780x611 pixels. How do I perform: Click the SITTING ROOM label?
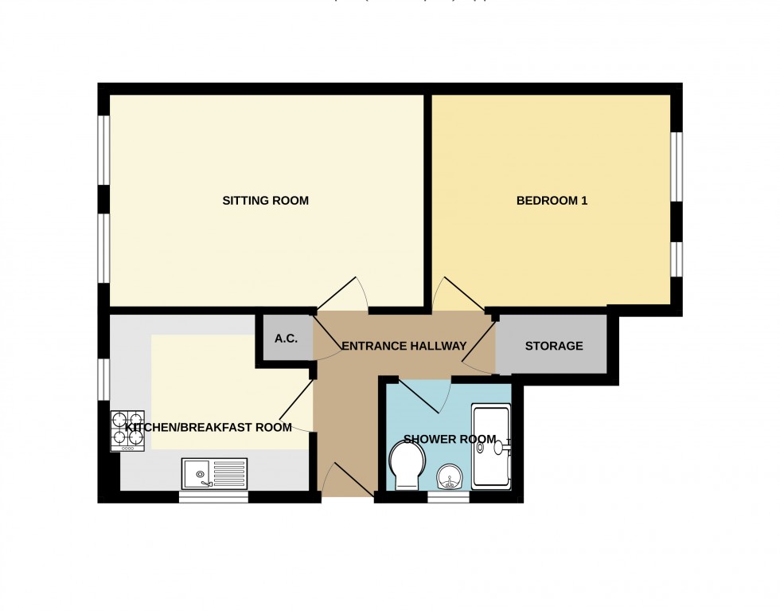[x=265, y=201]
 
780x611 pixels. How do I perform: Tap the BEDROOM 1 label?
[x=552, y=201]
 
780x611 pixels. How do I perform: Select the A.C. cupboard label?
[x=286, y=339]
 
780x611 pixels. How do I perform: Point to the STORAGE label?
[x=554, y=346]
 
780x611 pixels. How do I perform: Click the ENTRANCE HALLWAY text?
[x=404, y=346]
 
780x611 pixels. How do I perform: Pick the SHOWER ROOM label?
[x=450, y=439]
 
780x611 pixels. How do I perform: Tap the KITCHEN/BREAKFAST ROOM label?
[x=209, y=427]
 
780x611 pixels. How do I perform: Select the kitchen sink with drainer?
[x=215, y=474]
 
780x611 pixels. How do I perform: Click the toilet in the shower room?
[x=408, y=465]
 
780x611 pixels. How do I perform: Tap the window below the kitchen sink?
[x=213, y=497]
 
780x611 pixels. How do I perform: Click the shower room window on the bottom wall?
[x=448, y=497]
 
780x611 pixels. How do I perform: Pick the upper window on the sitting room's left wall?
[x=103, y=151]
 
